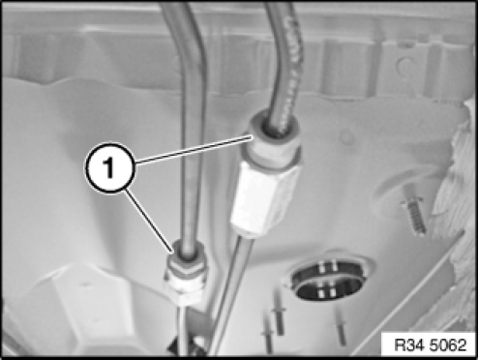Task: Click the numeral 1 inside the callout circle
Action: (109, 168)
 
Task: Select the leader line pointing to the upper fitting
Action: (193, 149)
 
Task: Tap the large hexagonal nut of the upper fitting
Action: (265, 197)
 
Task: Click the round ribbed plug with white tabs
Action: (328, 280)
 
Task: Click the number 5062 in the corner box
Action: (448, 345)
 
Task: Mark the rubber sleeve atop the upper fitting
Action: (274, 135)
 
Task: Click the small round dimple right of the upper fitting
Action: (346, 136)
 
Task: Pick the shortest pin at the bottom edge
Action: (268, 336)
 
